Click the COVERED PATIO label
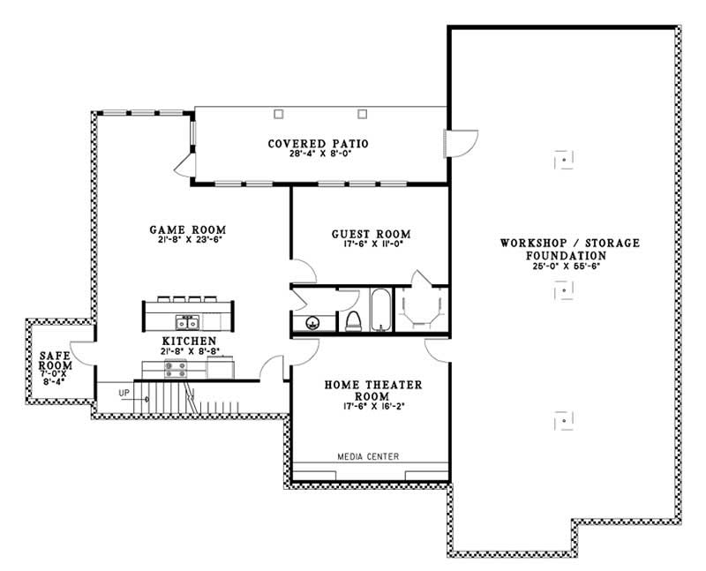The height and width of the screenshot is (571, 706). point(318,143)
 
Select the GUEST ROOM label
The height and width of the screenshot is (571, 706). point(371,234)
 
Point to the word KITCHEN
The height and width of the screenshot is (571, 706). point(189,340)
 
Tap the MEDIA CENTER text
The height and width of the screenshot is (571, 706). point(368,456)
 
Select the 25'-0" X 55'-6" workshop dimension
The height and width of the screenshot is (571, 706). point(570,266)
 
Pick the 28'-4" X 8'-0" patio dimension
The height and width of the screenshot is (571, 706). point(318,154)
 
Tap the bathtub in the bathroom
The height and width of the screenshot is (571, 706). point(380,310)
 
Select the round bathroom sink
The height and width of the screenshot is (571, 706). point(312,323)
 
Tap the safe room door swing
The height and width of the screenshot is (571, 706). point(81,351)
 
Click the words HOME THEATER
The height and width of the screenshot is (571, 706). point(373,385)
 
